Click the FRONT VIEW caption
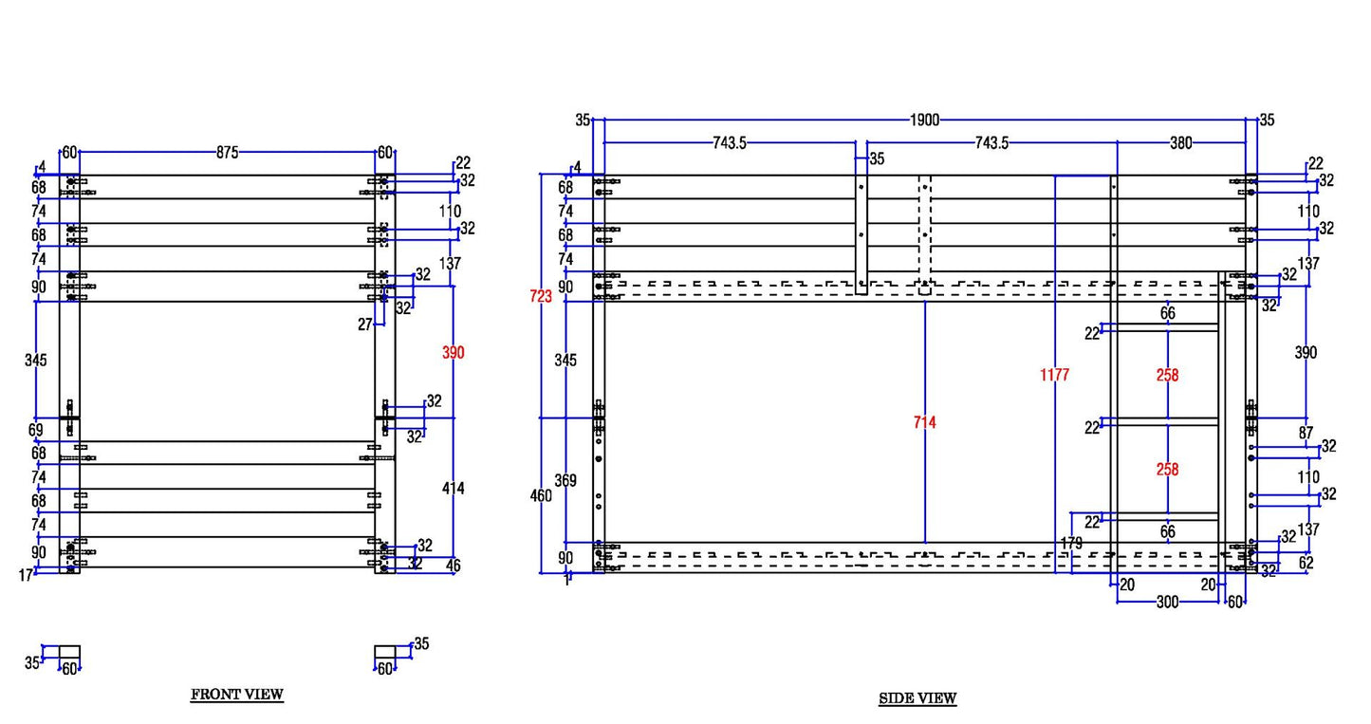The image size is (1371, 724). click(237, 695)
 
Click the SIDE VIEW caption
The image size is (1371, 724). click(917, 698)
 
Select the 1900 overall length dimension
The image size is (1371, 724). click(924, 121)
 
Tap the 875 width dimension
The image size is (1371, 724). click(227, 152)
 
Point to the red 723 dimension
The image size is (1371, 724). click(540, 296)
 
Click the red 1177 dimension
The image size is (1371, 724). click(1054, 375)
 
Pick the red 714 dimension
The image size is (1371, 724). click(924, 422)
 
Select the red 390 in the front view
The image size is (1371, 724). click(454, 353)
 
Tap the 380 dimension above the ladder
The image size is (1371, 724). click(1180, 143)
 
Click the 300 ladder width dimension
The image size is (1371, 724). click(1167, 603)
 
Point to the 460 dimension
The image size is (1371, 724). click(541, 495)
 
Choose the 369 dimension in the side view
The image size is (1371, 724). click(565, 481)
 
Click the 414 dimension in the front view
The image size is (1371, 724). click(454, 489)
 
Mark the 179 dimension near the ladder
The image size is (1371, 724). click(1071, 543)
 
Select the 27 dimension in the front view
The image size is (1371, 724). click(365, 325)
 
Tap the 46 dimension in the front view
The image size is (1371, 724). click(454, 566)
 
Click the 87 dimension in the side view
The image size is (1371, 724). click(1306, 434)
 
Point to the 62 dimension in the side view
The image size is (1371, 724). click(1306, 563)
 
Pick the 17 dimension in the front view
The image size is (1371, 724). click(27, 573)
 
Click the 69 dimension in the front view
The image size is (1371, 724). click(36, 431)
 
